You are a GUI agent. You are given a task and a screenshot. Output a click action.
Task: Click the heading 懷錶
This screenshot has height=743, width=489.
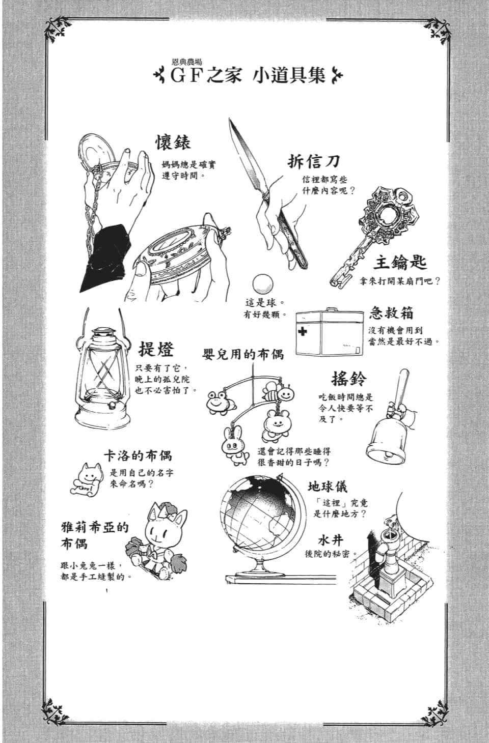pyautogui.click(x=173, y=142)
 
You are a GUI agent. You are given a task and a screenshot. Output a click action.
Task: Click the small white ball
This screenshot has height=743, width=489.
pyautogui.click(x=263, y=283)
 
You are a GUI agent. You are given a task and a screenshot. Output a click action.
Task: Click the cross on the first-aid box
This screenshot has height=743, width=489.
pyautogui.click(x=303, y=331)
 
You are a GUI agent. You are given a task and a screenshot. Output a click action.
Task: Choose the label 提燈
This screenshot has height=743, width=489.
pyautogui.click(x=156, y=349)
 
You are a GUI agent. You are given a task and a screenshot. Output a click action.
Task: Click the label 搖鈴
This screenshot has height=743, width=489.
pyautogui.click(x=348, y=378)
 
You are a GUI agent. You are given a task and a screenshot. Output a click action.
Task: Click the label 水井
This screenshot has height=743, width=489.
pyautogui.click(x=331, y=539)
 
